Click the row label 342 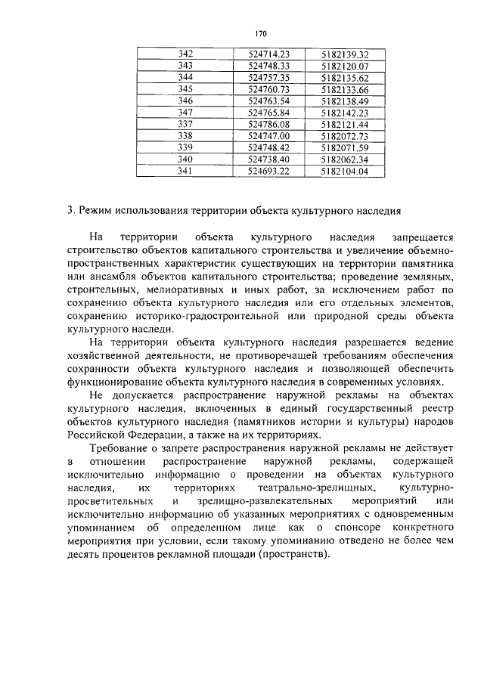point(185,54)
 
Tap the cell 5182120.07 point(344,66)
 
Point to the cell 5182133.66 point(344,89)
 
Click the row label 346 point(185,101)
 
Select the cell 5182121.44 point(344,124)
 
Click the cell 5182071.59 point(344,147)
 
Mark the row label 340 point(185,159)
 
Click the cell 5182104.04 point(344,172)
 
